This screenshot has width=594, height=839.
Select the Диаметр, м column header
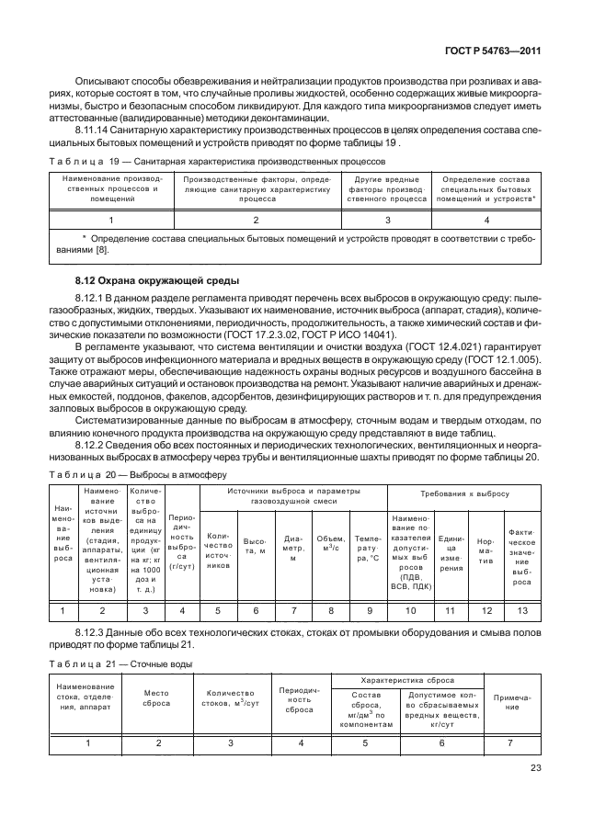pos(293,550)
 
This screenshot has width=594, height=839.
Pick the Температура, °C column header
pos(368,550)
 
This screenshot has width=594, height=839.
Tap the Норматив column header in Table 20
pos(488,550)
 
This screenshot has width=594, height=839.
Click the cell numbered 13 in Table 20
pos(522,609)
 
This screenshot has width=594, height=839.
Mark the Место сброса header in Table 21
pos(157,699)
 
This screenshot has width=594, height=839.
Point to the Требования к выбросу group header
pos(464,493)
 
